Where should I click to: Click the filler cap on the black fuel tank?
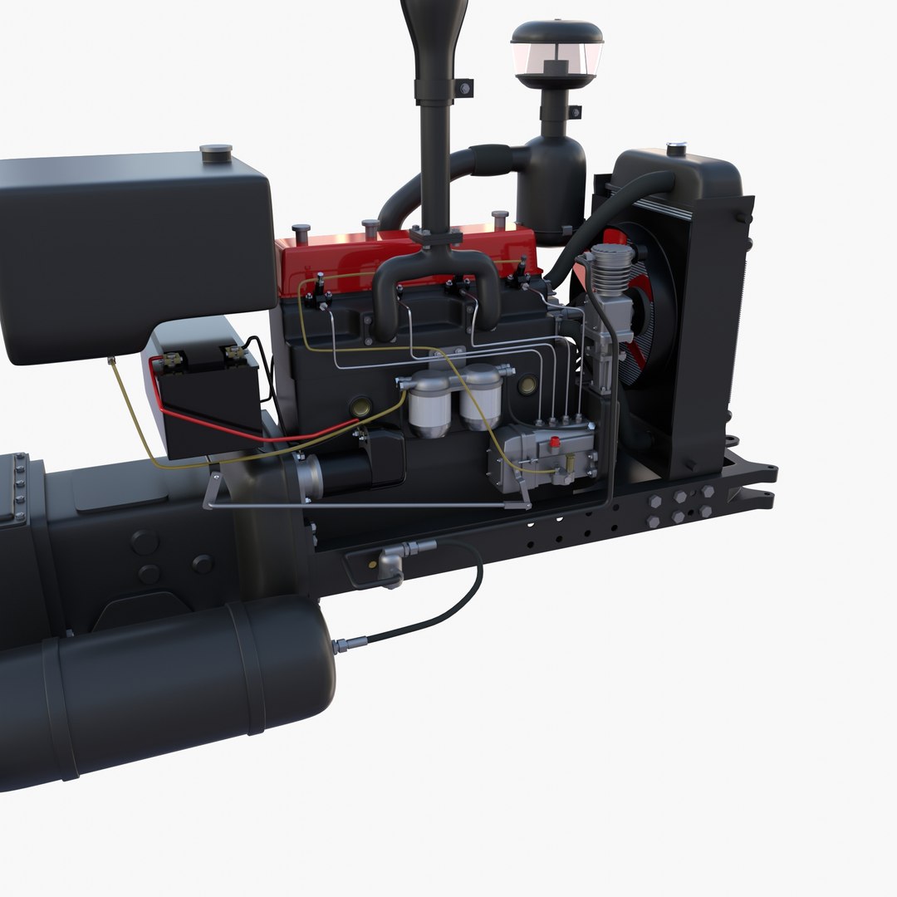click(x=216, y=152)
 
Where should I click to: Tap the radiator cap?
click(x=676, y=149)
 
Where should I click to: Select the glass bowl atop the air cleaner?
click(x=556, y=57)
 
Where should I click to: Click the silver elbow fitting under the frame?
click(x=390, y=570)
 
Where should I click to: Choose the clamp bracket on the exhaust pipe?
click(x=463, y=87)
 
